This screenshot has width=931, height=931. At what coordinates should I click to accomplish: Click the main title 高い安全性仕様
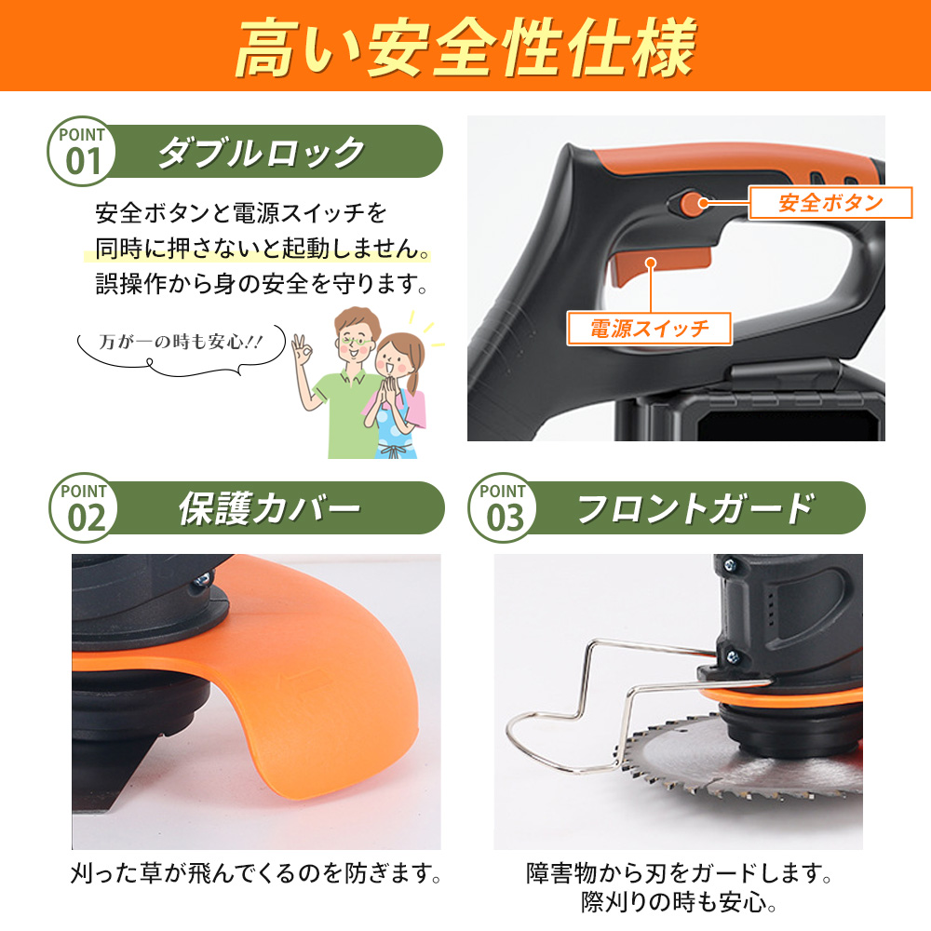point(465,47)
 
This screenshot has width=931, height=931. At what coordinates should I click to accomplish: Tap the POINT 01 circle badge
point(81,152)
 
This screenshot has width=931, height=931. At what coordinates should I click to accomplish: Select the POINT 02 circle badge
point(84,507)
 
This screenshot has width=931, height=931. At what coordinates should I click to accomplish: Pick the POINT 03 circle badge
point(503,507)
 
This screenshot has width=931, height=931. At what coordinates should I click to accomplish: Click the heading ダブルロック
point(262,152)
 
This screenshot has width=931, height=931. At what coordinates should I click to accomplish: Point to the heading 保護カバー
point(270,508)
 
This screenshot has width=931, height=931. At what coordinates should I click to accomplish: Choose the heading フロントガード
point(695,508)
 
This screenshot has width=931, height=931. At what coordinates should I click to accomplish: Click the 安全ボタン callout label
point(830,203)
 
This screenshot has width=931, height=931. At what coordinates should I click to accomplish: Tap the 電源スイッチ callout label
point(650,329)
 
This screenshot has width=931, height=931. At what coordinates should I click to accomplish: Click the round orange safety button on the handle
point(689,203)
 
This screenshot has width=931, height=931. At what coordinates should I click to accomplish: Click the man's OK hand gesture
point(303,350)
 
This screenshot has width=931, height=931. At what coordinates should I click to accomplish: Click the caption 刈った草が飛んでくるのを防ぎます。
point(255,873)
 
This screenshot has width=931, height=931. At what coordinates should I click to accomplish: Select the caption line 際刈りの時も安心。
point(679,903)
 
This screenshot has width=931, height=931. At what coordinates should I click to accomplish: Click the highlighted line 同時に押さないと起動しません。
point(263,249)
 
